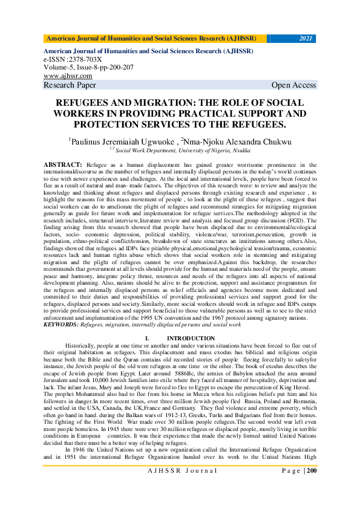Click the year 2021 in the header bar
pyautogui.click(x=306, y=39)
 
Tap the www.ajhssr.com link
pyautogui.click(x=68, y=76)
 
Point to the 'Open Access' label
pyautogui.click(x=293, y=85)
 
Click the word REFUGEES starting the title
pyautogui.click(x=82, y=103)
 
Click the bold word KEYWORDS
pyautogui.click(x=65, y=325)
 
